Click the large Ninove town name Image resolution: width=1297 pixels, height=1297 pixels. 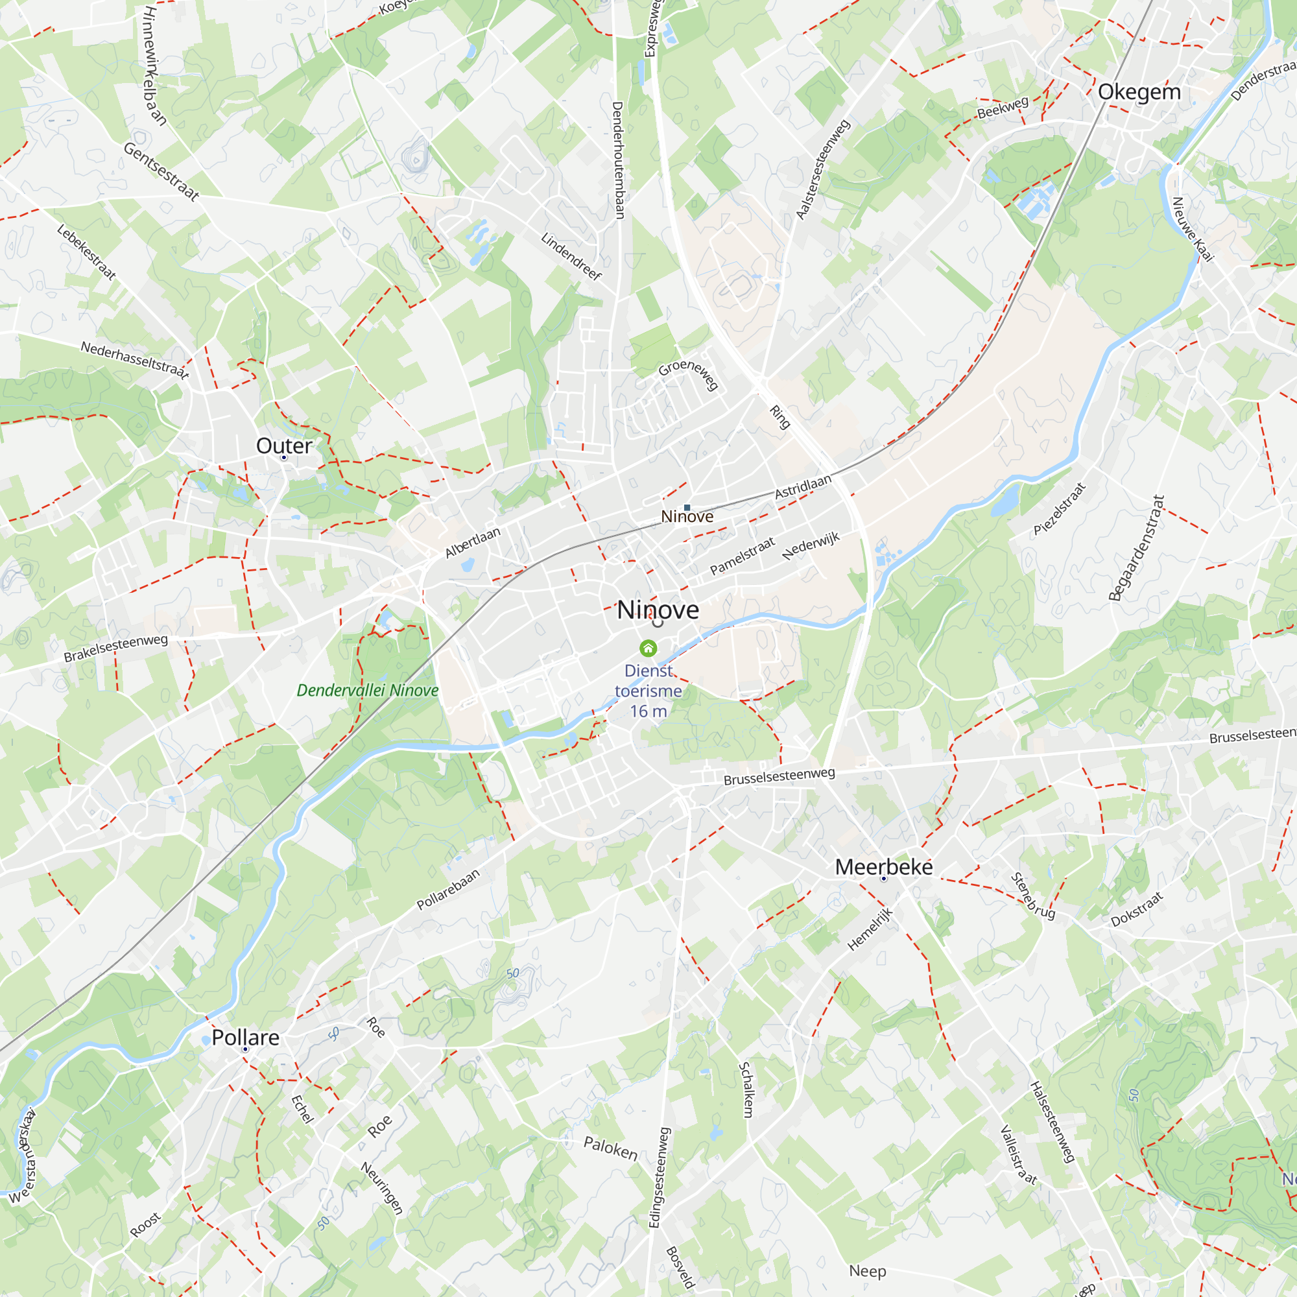click(x=657, y=610)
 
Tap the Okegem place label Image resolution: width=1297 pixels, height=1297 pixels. click(x=1139, y=92)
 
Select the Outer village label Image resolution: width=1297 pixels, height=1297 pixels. click(x=284, y=446)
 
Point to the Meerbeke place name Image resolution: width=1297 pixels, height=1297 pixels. click(x=883, y=866)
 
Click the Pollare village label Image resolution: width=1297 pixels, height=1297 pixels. click(x=245, y=1037)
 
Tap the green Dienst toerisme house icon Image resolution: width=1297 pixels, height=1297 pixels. click(x=648, y=648)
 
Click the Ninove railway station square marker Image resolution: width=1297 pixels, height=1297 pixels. click(x=687, y=508)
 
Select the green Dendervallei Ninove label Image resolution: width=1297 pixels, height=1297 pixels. click(x=367, y=690)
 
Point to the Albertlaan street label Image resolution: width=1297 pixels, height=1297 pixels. click(x=473, y=541)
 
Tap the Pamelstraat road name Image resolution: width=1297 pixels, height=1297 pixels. click(x=742, y=556)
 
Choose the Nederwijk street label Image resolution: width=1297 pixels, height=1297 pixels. click(x=811, y=546)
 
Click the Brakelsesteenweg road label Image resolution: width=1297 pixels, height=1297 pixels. click(x=115, y=648)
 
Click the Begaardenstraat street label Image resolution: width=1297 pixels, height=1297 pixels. click(x=1136, y=548)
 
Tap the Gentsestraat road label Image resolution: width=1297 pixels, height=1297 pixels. click(x=161, y=172)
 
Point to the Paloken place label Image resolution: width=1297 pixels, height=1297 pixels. click(x=610, y=1148)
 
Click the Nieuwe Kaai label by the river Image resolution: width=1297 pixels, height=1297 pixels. click(x=1193, y=229)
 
